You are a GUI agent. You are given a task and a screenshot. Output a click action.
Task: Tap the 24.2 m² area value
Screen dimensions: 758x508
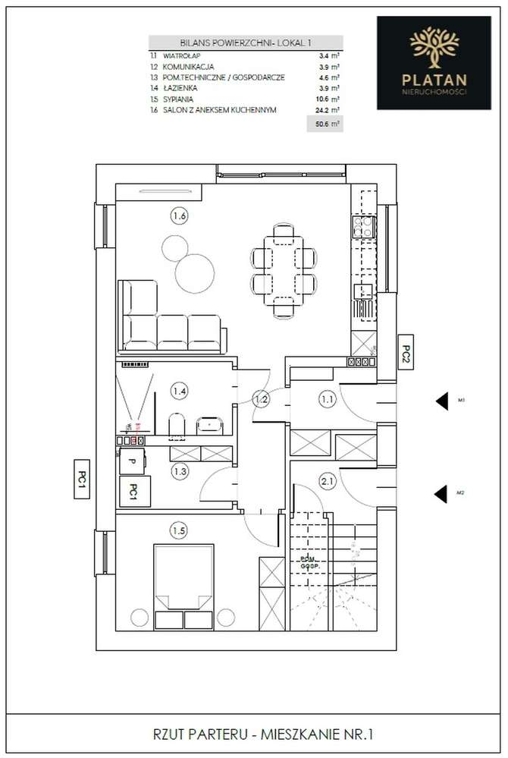click(x=327, y=110)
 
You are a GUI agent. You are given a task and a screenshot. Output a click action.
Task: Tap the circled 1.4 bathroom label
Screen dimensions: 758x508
click(x=179, y=392)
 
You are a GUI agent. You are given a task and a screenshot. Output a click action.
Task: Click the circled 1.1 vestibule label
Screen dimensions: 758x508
click(x=327, y=396)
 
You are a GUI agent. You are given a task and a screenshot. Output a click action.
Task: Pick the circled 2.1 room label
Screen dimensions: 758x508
click(x=327, y=480)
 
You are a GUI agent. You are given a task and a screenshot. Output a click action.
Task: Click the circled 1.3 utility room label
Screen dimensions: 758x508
click(x=179, y=471)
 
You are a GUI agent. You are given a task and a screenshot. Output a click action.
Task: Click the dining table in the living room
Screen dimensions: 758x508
click(x=283, y=269)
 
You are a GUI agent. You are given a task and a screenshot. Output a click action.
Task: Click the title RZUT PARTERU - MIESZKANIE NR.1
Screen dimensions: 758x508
click(x=253, y=734)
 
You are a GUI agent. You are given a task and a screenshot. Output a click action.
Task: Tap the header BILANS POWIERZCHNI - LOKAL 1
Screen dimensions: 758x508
click(x=246, y=44)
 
